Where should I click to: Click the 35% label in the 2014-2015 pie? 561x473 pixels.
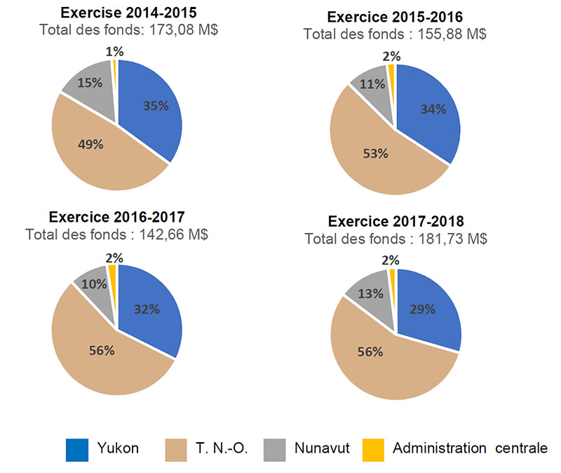(156, 106)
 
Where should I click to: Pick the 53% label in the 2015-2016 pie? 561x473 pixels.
(374, 154)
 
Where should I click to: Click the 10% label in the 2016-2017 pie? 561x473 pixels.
(90, 284)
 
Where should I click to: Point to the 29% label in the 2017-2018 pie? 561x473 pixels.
(426, 309)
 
